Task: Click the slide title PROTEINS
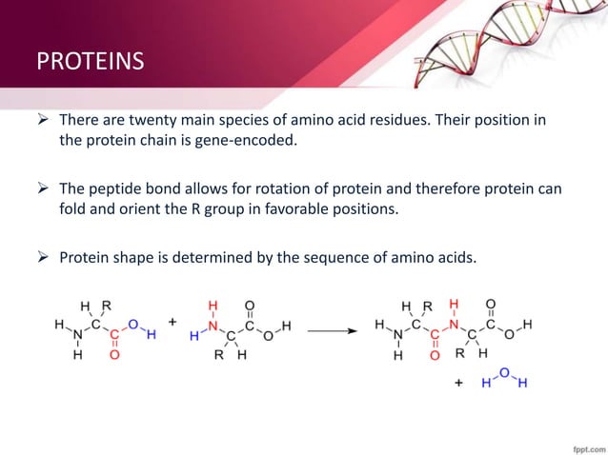point(91,63)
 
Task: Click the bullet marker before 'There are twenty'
point(43,121)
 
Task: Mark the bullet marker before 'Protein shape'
point(43,256)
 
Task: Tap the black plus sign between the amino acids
point(172,323)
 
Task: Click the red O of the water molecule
point(502,372)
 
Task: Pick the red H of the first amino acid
point(151,334)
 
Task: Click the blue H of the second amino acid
point(194,336)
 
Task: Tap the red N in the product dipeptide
point(455,326)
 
